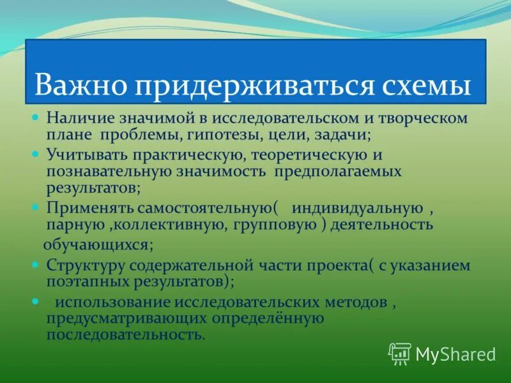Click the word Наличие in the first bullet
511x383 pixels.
77,118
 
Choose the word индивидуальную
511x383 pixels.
357,208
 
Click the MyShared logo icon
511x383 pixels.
400,353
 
